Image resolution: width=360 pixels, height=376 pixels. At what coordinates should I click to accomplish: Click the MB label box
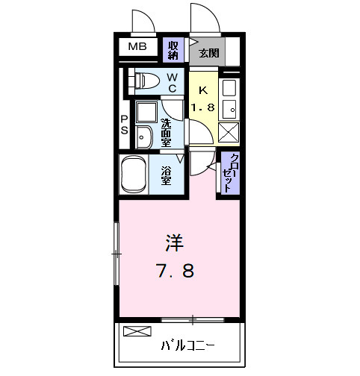pos(137,48)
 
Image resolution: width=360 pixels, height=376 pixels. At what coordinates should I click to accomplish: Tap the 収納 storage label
pos(173,50)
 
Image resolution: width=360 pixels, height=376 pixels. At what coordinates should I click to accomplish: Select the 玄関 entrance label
pos(208,52)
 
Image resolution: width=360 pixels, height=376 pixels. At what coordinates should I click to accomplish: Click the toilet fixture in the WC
pos(145,80)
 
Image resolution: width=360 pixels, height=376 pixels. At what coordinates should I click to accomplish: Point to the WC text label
pos(172,83)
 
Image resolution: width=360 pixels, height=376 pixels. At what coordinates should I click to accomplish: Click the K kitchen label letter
pos(202,90)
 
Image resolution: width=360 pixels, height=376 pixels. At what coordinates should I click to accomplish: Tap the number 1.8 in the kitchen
pos(202,107)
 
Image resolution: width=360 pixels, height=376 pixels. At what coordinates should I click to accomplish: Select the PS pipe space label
pos(125,125)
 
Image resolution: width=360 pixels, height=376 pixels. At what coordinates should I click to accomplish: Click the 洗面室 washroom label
pos(167,131)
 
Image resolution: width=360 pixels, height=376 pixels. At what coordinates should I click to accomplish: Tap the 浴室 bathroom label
pos(167,175)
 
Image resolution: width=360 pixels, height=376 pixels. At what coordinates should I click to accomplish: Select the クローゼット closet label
pos(228,173)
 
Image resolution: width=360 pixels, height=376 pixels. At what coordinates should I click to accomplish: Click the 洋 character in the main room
pos(174,242)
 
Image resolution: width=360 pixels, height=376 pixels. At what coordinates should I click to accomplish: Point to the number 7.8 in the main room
pos(175,270)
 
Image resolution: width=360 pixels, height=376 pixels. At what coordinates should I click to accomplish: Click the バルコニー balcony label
pos(188,346)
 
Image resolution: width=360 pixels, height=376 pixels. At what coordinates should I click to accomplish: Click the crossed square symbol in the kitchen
pos(229,131)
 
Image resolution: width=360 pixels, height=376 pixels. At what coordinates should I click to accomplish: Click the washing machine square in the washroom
pos(144,112)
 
